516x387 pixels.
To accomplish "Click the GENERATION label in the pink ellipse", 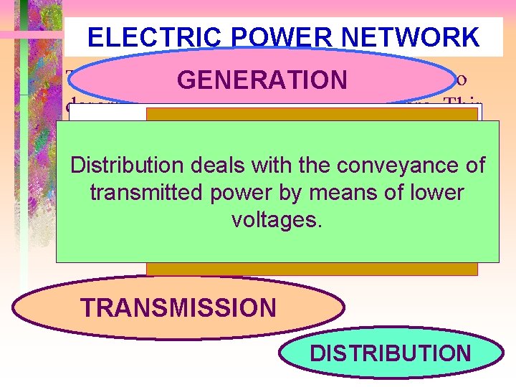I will (262, 80).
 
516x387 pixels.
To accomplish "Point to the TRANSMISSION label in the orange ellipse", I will (178, 307).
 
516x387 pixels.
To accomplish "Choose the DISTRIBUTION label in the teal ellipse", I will (391, 353).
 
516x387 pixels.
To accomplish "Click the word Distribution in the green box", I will (127, 166).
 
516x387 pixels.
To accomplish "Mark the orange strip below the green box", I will (312, 268).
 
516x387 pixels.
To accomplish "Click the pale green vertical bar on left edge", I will (23, 215).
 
